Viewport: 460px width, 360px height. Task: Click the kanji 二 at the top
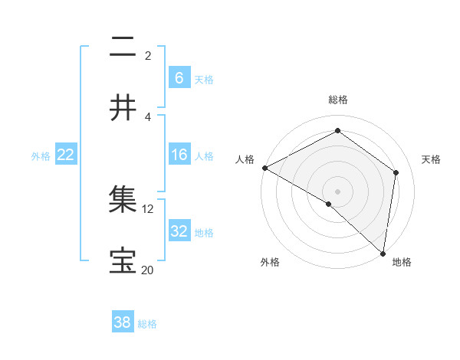point(123,47)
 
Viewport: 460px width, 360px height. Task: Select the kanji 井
point(123,108)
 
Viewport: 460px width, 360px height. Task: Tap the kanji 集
point(123,200)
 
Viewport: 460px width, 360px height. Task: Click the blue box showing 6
point(179,77)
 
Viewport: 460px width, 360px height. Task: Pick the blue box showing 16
point(179,155)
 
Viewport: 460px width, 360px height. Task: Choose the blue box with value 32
point(179,231)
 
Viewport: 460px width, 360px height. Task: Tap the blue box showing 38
point(123,322)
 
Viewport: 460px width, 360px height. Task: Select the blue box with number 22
point(66,155)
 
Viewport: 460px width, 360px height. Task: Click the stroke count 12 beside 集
point(148,208)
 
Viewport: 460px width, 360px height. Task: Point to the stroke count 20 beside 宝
point(148,270)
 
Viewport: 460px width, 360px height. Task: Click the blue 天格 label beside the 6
point(204,79)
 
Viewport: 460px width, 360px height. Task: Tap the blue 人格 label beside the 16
point(204,156)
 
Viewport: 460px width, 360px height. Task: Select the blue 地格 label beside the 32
point(204,232)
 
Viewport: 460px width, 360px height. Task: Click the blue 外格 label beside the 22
point(41,156)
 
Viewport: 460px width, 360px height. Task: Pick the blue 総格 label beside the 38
point(147,324)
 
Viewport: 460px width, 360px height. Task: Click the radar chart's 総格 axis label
point(337,100)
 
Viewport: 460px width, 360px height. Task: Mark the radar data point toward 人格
point(264,168)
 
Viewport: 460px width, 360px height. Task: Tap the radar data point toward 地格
point(383,252)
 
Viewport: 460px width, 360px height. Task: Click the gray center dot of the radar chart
point(337,191)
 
